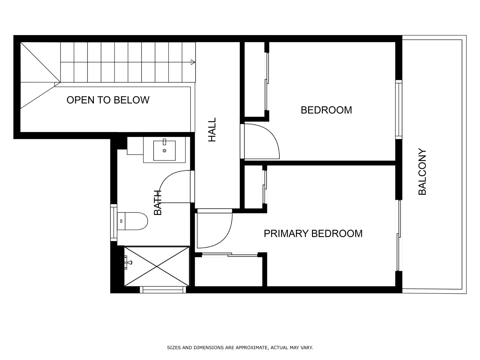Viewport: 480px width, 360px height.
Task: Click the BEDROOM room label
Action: click(326, 110)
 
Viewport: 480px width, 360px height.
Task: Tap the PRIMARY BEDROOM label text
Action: click(313, 234)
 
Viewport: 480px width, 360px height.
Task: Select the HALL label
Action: click(212, 130)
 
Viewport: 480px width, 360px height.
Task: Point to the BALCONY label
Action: click(422, 172)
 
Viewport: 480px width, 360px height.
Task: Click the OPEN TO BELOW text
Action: click(108, 100)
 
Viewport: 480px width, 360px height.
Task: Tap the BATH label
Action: click(158, 202)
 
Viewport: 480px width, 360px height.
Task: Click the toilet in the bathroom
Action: click(132, 221)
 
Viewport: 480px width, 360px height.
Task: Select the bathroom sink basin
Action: click(164, 151)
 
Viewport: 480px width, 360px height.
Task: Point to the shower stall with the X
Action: click(157, 266)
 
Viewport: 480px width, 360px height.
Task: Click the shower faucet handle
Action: click(129, 262)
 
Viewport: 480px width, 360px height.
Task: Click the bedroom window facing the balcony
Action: click(399, 109)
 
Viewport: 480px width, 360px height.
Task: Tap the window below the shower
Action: click(163, 289)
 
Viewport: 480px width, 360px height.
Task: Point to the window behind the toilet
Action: click(114, 223)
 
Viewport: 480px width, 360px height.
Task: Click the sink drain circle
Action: click(164, 151)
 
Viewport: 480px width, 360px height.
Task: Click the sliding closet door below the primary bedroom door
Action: click(229, 254)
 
